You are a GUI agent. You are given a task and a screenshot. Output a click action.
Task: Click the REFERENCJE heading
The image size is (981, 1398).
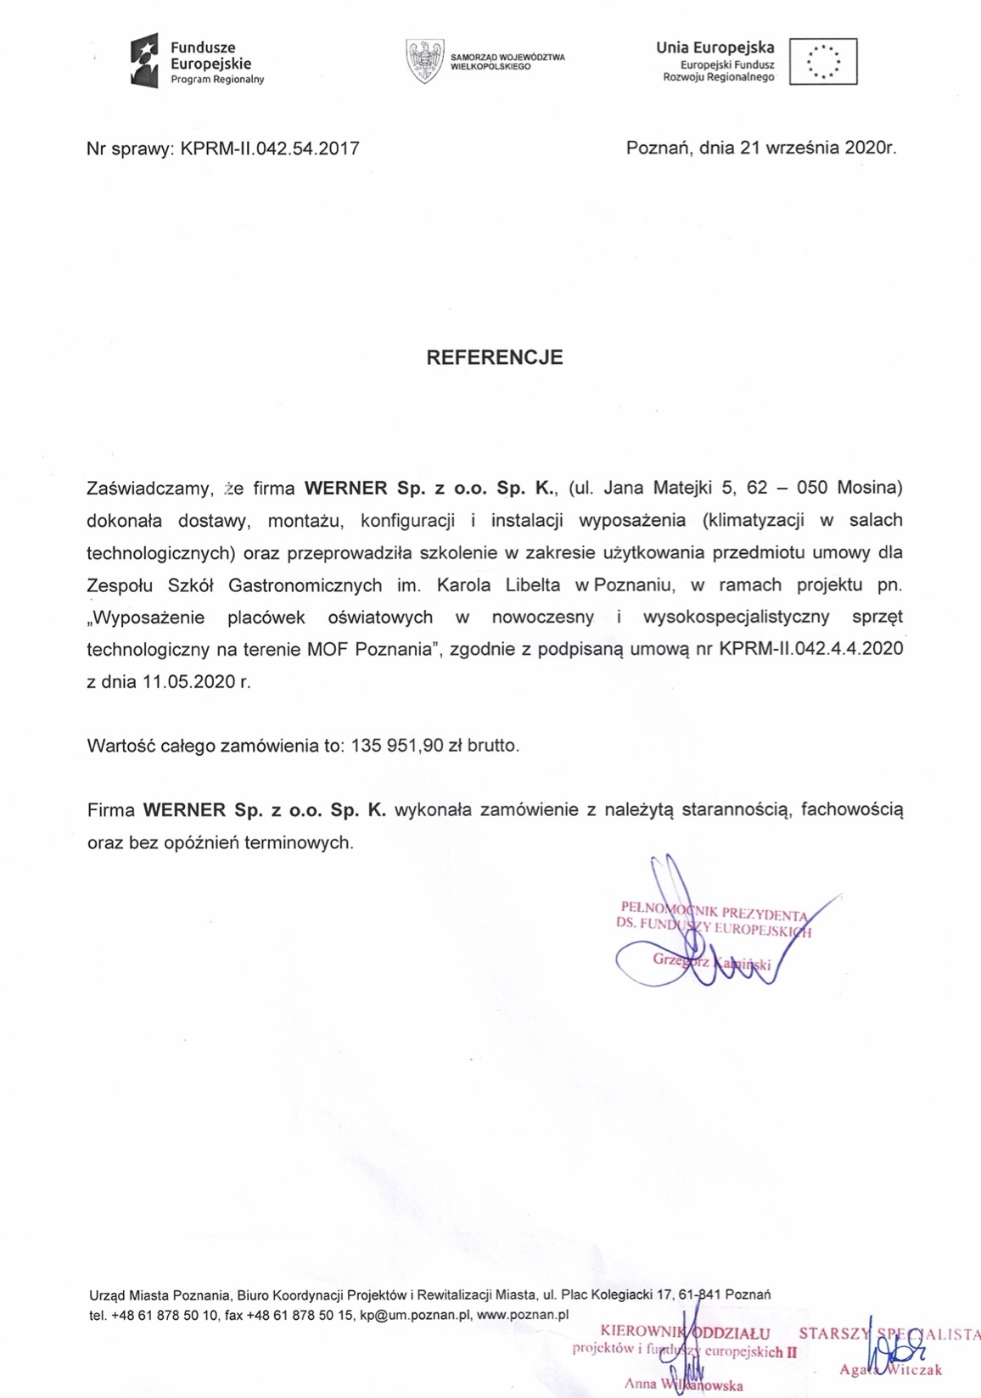pos(494,357)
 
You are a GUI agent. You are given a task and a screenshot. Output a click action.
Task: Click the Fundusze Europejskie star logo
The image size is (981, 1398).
pos(144,63)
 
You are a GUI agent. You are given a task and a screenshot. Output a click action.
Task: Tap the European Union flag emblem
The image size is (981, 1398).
pos(822,61)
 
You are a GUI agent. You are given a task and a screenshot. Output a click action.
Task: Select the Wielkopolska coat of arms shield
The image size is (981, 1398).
pos(425,61)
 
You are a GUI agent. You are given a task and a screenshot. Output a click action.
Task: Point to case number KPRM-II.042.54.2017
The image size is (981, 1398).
pos(270,148)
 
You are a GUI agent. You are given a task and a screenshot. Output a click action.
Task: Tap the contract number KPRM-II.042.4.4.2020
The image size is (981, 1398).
pos(810,649)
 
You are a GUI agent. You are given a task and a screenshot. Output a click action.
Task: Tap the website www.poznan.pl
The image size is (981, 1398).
pos(523,1315)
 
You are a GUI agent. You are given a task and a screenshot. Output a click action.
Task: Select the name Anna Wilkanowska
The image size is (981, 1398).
pos(683,1384)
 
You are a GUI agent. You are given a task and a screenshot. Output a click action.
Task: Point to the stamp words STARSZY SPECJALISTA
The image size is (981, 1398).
pos(889,1334)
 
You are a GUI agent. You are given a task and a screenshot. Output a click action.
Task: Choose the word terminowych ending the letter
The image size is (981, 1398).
pos(298,842)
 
